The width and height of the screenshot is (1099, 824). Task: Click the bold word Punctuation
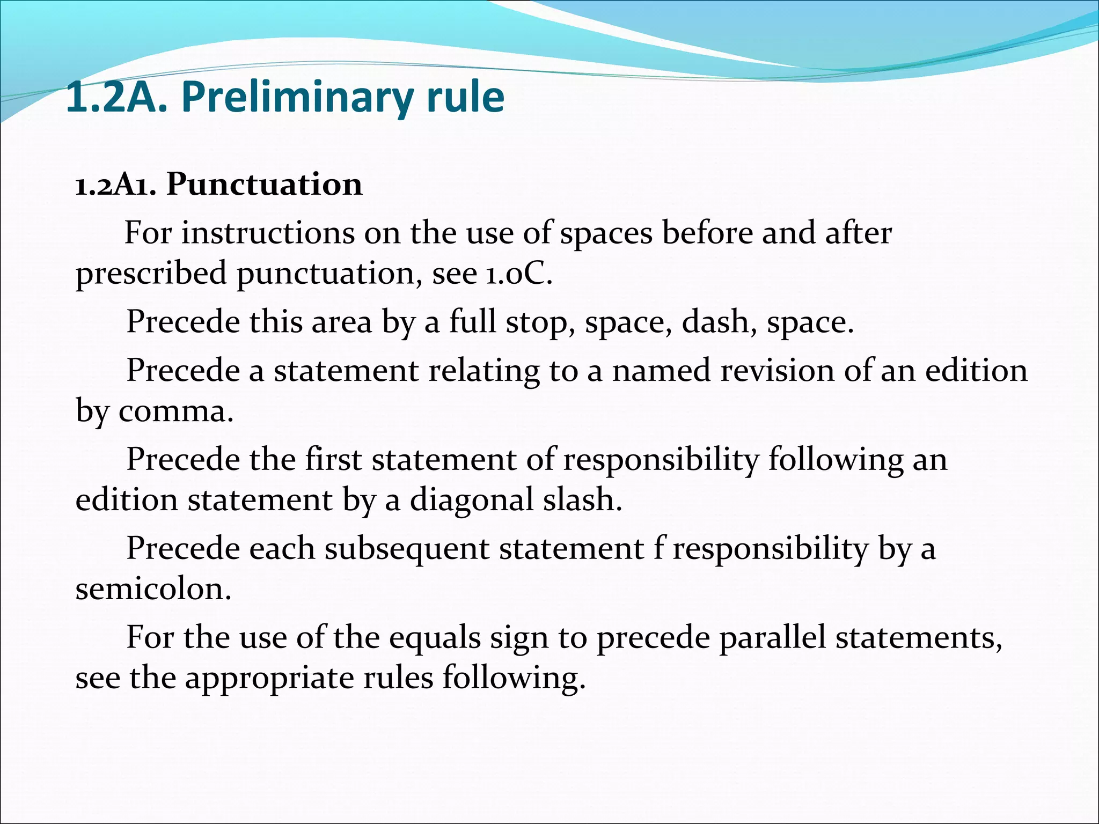(264, 185)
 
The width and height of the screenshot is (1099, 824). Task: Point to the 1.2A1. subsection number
(115, 186)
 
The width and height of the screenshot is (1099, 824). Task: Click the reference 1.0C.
(519, 274)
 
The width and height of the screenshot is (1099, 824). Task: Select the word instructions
(268, 233)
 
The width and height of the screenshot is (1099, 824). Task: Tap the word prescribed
(151, 274)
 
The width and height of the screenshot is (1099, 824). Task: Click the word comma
(176, 411)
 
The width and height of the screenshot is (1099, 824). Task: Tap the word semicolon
(153, 589)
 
